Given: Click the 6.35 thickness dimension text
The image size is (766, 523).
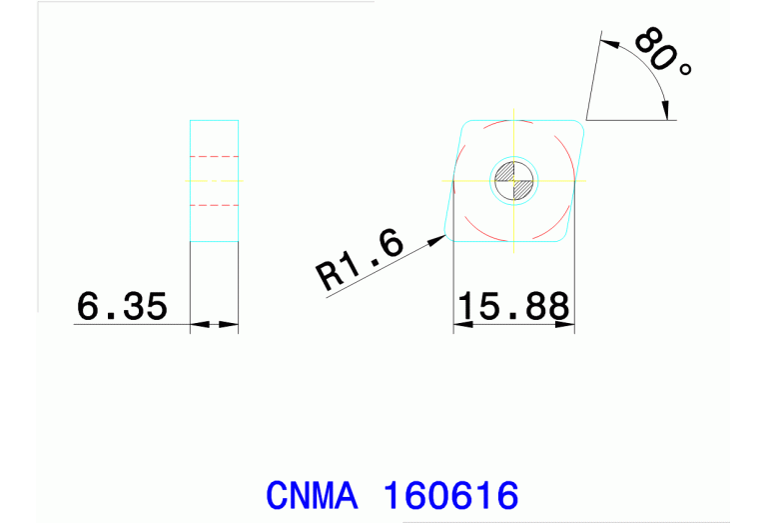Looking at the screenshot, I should point(122,307).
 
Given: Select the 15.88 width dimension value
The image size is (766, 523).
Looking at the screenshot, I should point(513,306).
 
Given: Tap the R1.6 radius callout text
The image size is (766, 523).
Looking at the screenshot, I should point(361,260).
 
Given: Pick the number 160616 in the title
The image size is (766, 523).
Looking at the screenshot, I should point(451,496).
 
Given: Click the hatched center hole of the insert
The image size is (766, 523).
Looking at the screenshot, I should point(513,181).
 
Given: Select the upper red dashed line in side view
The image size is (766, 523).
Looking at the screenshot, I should point(215,157).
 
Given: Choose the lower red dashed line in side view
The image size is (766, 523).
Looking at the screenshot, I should point(215,204).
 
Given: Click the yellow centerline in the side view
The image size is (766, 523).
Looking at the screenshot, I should point(215,181).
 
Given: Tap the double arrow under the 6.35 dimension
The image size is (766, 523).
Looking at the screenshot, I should point(215,324).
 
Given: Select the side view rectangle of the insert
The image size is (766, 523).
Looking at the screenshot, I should point(215,181).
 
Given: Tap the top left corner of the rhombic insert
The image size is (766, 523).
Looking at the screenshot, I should point(465,123).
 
